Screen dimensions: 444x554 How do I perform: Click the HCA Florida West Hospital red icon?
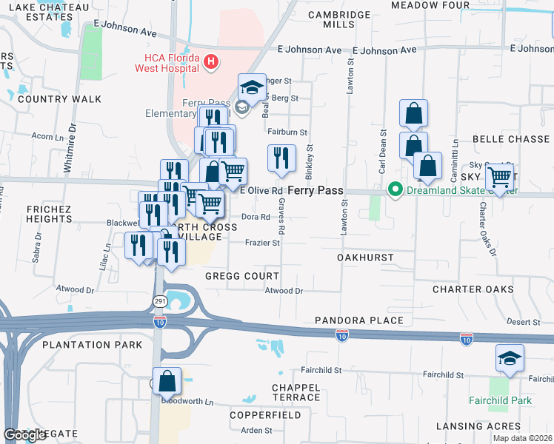[211, 61]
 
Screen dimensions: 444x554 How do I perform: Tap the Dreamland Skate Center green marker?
[395, 190]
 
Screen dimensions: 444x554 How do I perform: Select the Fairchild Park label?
[500, 401]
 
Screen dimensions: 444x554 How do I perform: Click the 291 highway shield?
[160, 301]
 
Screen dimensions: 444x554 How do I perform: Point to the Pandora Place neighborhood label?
[358, 320]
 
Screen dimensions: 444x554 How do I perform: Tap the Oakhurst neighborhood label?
[365, 258]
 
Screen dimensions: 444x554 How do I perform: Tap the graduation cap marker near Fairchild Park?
[510, 359]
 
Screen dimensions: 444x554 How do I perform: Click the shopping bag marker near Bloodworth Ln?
[167, 382]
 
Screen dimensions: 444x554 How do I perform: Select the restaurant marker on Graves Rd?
[281, 158]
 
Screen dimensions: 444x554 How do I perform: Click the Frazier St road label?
[262, 242]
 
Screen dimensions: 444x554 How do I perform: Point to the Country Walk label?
[49, 98]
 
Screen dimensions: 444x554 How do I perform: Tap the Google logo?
[24, 435]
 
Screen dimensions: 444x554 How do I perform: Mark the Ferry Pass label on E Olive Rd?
[315, 190]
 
